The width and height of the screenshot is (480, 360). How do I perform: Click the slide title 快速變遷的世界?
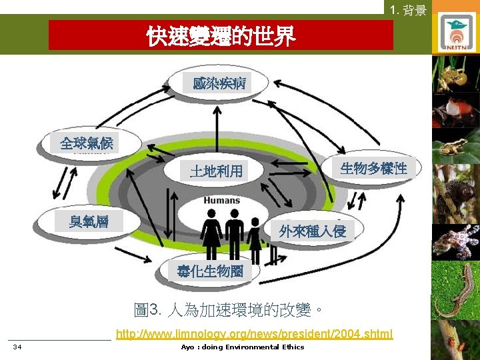coord(221,37)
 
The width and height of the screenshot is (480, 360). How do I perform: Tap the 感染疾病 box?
coord(219,83)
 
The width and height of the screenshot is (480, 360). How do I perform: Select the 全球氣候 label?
coord(87,143)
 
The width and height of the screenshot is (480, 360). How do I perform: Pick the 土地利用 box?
coord(216,171)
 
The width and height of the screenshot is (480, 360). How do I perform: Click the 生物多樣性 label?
coord(373,168)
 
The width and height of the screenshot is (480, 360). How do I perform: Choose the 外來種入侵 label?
coord(312,231)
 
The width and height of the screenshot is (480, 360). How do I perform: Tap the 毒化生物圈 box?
coord(209,271)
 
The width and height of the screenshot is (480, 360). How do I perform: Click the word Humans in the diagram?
coord(222,200)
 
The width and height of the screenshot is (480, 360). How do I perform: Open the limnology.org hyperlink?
coord(254,333)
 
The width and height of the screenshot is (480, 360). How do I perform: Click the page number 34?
coord(17,347)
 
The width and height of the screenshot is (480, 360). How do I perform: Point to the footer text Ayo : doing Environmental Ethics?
coord(242,347)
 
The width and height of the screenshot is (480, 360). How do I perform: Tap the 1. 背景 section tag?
coord(408,9)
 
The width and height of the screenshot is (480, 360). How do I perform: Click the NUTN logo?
coord(457,33)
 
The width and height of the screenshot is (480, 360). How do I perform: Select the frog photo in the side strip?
coord(455,147)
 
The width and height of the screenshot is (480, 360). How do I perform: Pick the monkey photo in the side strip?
coord(455,193)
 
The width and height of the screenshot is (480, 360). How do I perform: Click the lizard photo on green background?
coord(455,290)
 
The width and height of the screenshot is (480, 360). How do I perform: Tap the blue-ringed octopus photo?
coord(455,241)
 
